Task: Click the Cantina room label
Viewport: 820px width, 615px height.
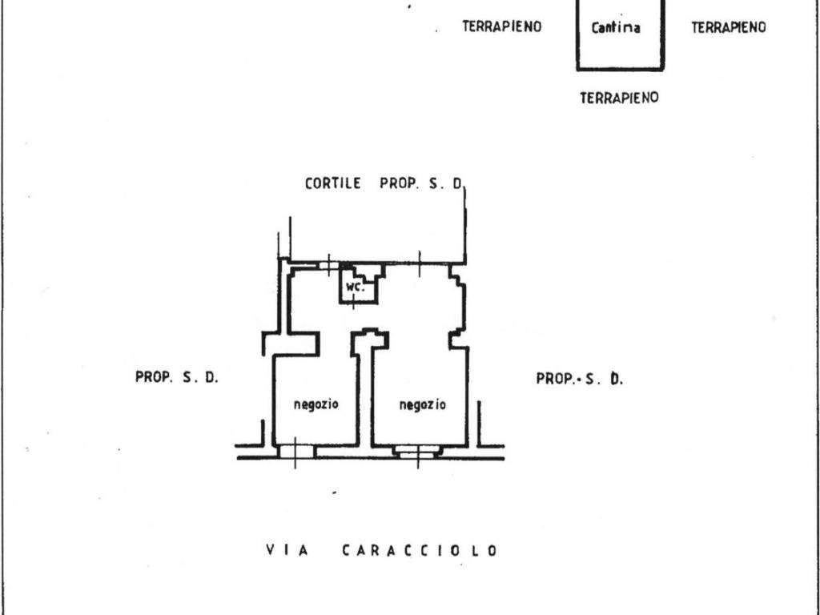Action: pos(616,27)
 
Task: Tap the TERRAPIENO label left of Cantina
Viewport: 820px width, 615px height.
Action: pos(501,26)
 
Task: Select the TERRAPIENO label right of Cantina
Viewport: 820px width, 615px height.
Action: pos(729,27)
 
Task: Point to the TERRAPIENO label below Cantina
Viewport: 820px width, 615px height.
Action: pos(619,98)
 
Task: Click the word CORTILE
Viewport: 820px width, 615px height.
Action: pos(333,183)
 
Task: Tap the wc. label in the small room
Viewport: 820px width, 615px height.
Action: pos(355,287)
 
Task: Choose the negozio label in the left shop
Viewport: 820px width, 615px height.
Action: pos(316,404)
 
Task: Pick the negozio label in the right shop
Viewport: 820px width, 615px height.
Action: pos(423,404)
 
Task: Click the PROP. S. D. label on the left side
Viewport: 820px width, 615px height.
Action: pos(177,377)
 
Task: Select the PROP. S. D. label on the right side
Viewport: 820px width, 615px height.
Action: pos(580,378)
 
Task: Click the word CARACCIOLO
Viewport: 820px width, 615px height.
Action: pos(420,551)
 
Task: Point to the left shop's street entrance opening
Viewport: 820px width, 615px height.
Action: pos(296,452)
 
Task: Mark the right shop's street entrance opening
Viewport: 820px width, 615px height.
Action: pos(416,452)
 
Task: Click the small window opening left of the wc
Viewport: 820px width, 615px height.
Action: pos(328,266)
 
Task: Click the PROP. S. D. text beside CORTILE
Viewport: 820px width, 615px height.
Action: pos(421,183)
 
